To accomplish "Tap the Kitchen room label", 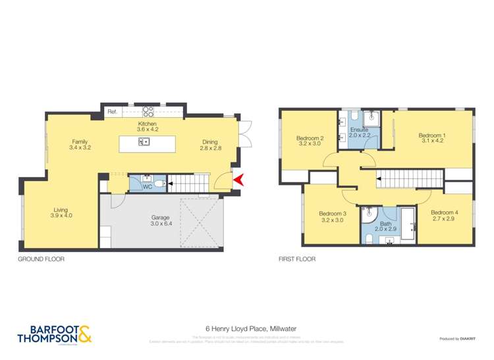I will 148,124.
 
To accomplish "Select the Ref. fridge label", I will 112,113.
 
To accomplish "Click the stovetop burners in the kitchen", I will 148,111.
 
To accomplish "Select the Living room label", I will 60,210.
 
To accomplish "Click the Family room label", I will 80,141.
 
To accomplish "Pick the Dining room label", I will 210,141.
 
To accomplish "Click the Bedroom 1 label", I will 431,136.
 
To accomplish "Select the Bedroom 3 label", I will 333,213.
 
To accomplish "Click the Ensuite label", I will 360,130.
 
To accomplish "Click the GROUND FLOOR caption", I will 41,259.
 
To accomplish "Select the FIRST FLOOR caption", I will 297,259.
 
